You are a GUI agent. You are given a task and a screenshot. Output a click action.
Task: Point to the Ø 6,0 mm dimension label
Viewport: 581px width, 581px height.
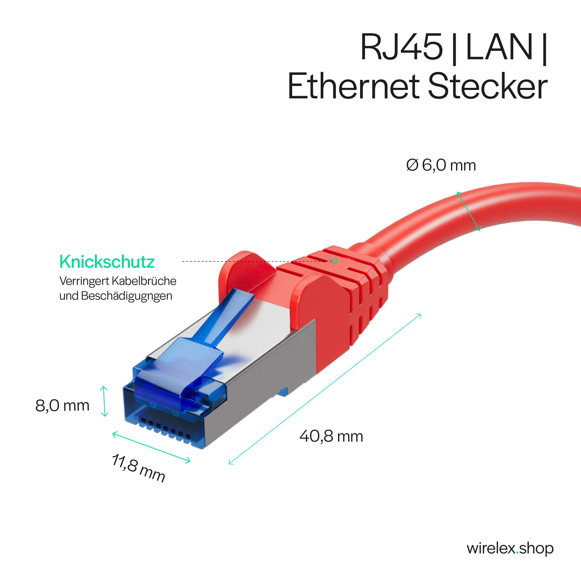[x=441, y=165]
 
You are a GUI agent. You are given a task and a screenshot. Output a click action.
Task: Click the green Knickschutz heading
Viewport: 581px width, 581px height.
[x=107, y=262]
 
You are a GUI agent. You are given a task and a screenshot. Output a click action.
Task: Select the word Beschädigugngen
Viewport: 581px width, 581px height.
[x=126, y=296]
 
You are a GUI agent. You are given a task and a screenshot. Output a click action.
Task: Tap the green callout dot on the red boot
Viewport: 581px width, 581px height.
[x=335, y=261]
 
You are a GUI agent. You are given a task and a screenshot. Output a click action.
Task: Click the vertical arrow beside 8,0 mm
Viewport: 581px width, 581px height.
[x=104, y=402]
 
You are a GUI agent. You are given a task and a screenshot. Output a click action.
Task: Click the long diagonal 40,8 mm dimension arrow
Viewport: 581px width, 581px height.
[x=325, y=389]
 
